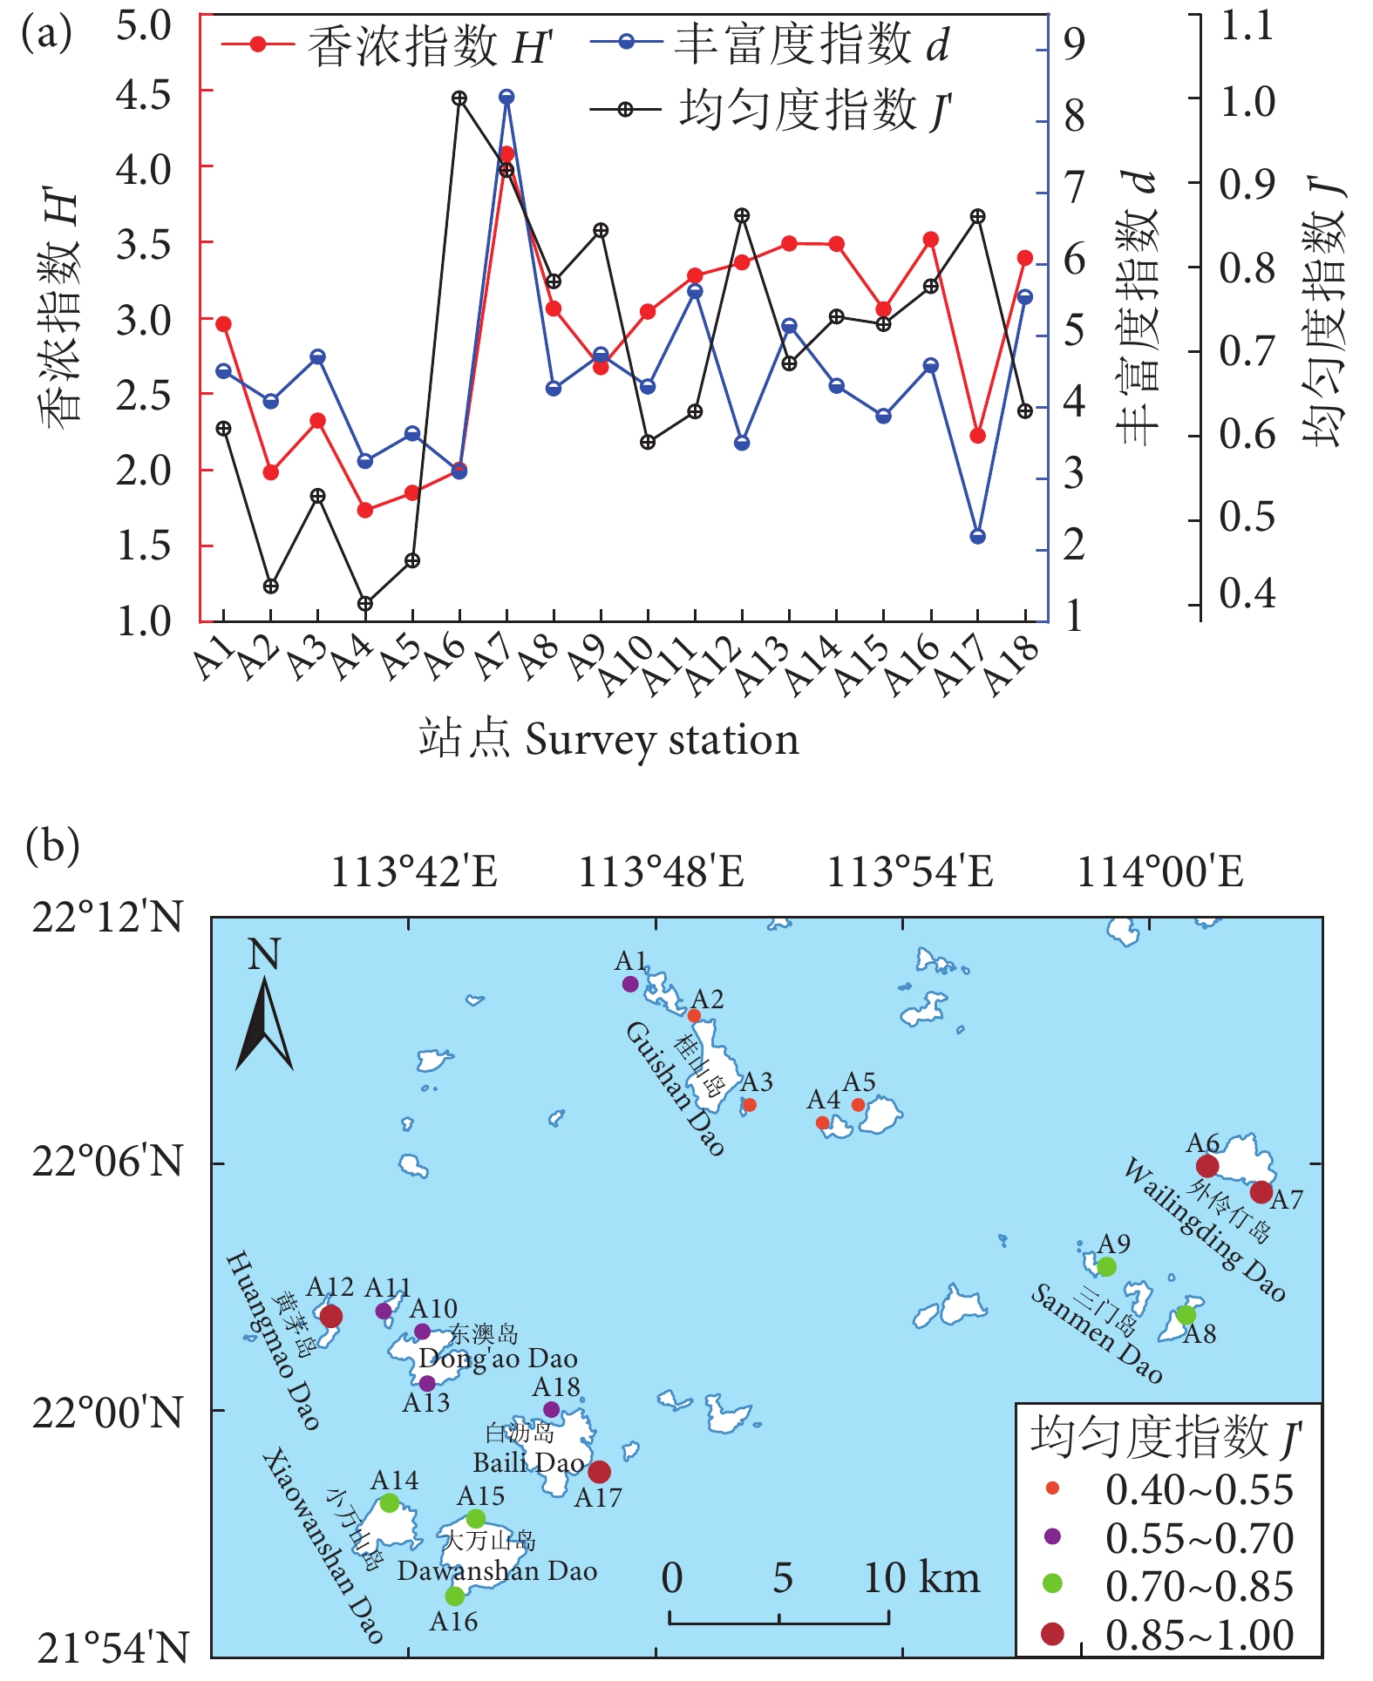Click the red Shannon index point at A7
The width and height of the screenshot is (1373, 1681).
(506, 154)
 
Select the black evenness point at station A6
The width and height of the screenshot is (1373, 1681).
(459, 98)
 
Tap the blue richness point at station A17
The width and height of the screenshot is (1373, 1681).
(977, 537)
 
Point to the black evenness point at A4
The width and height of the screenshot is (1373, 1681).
(365, 604)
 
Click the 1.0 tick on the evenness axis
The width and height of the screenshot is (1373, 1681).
(1247, 102)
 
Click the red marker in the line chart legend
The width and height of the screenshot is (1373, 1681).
(257, 44)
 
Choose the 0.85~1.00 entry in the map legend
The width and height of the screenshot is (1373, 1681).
(1199, 1636)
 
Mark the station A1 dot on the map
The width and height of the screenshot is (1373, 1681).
(630, 984)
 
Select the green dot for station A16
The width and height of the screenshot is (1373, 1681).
(454, 1596)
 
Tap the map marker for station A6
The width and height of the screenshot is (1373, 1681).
(1206, 1166)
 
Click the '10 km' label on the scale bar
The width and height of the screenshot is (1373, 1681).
(921, 1577)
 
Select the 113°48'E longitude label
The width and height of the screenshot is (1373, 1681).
(661, 871)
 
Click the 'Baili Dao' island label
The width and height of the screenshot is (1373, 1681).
(528, 1462)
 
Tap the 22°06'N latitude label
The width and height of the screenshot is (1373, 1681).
(108, 1162)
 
